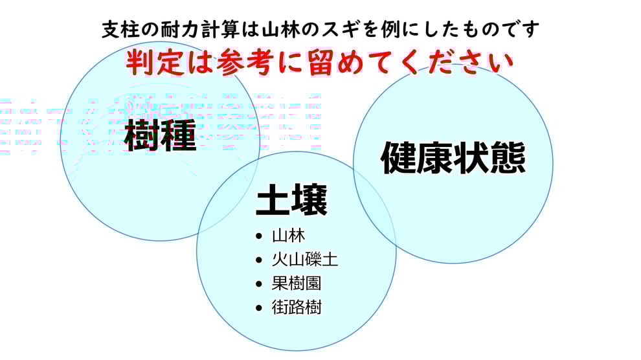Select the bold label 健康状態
click(453, 159)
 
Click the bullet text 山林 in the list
click(289, 236)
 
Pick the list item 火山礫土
click(305, 260)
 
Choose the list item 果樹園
click(297, 284)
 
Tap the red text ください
click(440, 63)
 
